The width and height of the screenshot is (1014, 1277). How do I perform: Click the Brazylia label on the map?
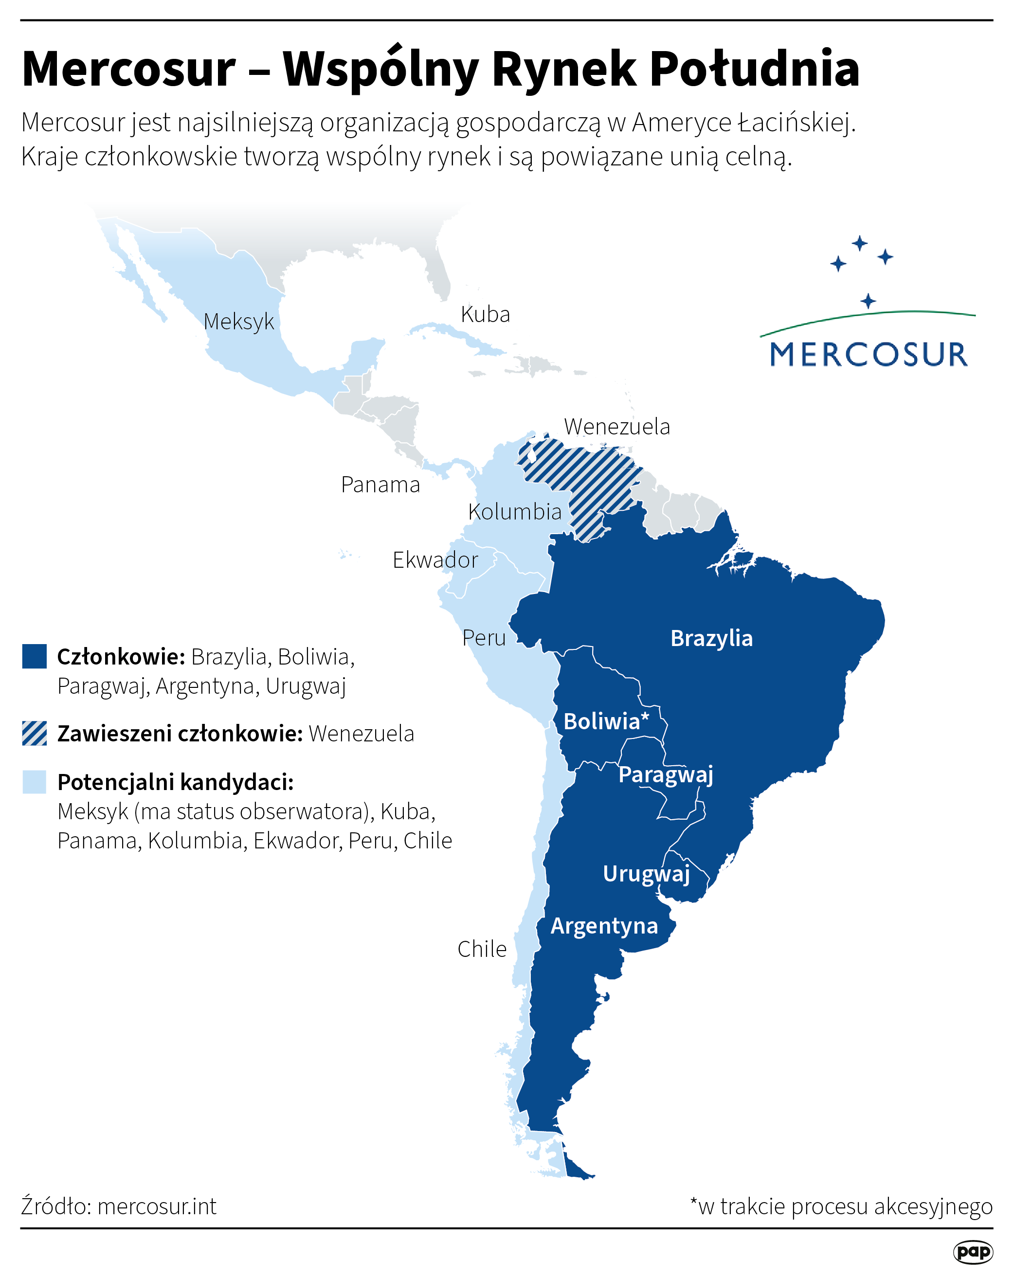click(x=711, y=638)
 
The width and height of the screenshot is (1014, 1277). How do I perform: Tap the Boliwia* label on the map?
click(x=606, y=721)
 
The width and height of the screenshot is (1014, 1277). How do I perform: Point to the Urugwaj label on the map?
click(x=646, y=874)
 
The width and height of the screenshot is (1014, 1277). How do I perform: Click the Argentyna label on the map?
click(x=604, y=926)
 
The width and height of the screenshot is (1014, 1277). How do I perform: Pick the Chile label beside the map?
click(x=482, y=949)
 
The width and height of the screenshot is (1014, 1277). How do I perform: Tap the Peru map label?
click(x=484, y=638)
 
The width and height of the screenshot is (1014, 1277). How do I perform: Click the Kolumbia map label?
click(x=515, y=512)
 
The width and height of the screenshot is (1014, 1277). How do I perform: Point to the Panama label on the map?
click(x=380, y=485)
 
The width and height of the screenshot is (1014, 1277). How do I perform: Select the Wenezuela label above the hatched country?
click(x=616, y=427)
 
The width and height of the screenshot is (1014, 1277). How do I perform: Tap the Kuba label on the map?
click(x=485, y=315)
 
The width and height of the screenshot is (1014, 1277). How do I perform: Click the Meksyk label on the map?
click(x=239, y=322)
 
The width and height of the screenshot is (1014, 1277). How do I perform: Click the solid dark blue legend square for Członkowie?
click(x=35, y=656)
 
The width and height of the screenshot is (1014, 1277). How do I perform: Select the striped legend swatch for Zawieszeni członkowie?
click(x=35, y=733)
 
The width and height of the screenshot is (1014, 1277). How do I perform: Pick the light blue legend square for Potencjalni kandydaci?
click(x=35, y=782)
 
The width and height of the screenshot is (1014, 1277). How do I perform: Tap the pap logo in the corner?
click(x=973, y=1252)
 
